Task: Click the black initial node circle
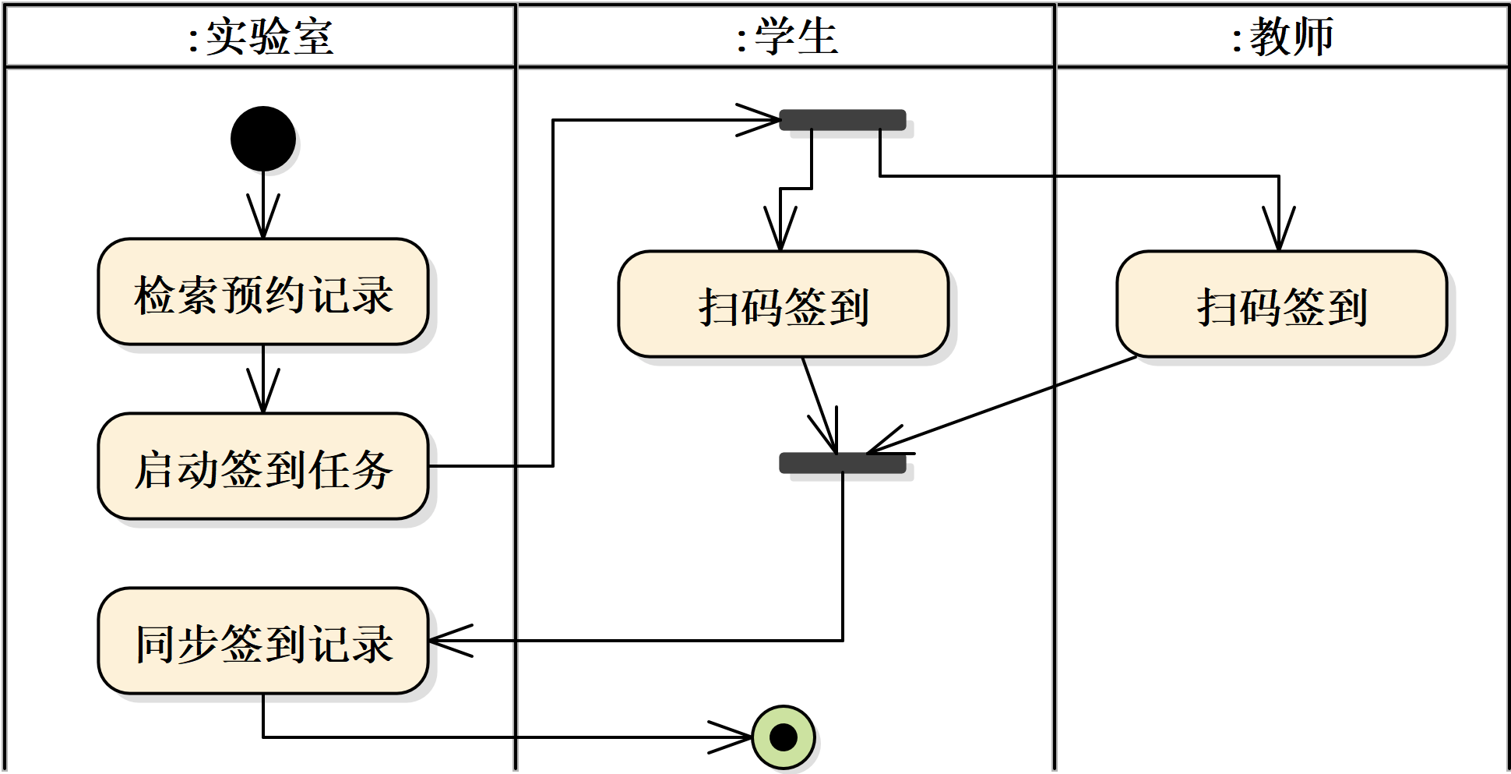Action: [263, 139]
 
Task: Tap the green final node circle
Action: [784, 737]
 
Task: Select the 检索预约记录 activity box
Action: [263, 292]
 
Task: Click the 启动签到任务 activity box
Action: [263, 466]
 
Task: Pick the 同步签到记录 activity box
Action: [263, 641]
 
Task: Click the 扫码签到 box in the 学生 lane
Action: [783, 304]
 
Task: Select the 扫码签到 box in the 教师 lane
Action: [1281, 304]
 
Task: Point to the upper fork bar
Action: [843, 120]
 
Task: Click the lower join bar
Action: [843, 463]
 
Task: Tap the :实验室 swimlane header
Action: [261, 36]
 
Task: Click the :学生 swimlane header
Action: [787, 36]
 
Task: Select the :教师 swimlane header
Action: [1282, 36]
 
